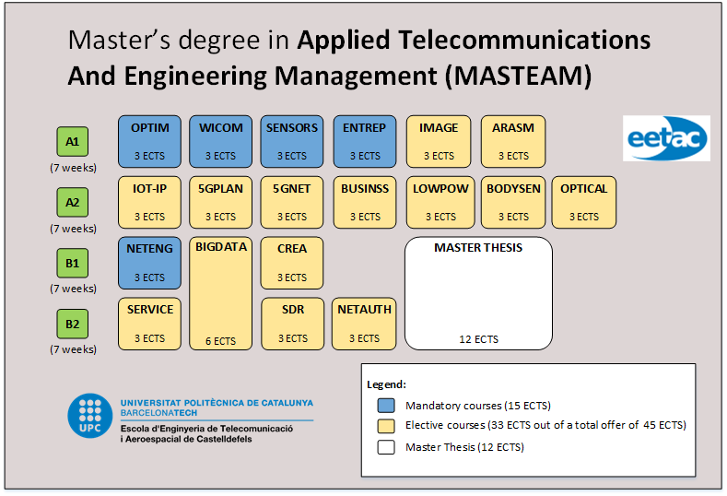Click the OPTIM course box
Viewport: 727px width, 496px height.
click(x=149, y=141)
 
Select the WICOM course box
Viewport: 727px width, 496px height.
click(x=220, y=141)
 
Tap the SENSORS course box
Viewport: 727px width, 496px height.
click(x=291, y=141)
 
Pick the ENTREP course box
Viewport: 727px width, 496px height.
click(x=364, y=141)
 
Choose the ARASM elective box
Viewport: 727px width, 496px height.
click(x=512, y=141)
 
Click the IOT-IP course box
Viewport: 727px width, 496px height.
click(x=149, y=202)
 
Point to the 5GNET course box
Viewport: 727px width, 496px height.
click(x=291, y=202)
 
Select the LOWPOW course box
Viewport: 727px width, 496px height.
click(x=440, y=202)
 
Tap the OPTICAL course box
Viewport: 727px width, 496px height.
click(x=583, y=202)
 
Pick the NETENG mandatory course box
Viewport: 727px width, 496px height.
click(x=149, y=263)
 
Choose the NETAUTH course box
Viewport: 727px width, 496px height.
click(x=364, y=324)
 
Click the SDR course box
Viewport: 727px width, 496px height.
click(x=293, y=324)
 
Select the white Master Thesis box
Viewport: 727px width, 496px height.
click(x=478, y=293)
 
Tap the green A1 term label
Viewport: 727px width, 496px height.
click(x=73, y=142)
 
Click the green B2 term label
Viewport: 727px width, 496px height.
click(x=73, y=325)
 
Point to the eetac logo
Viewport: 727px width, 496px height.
click(x=666, y=138)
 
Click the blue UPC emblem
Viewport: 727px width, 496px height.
click(x=90, y=417)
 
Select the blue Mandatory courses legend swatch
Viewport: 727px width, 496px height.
click(x=387, y=405)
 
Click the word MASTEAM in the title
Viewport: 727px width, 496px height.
click(x=517, y=75)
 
